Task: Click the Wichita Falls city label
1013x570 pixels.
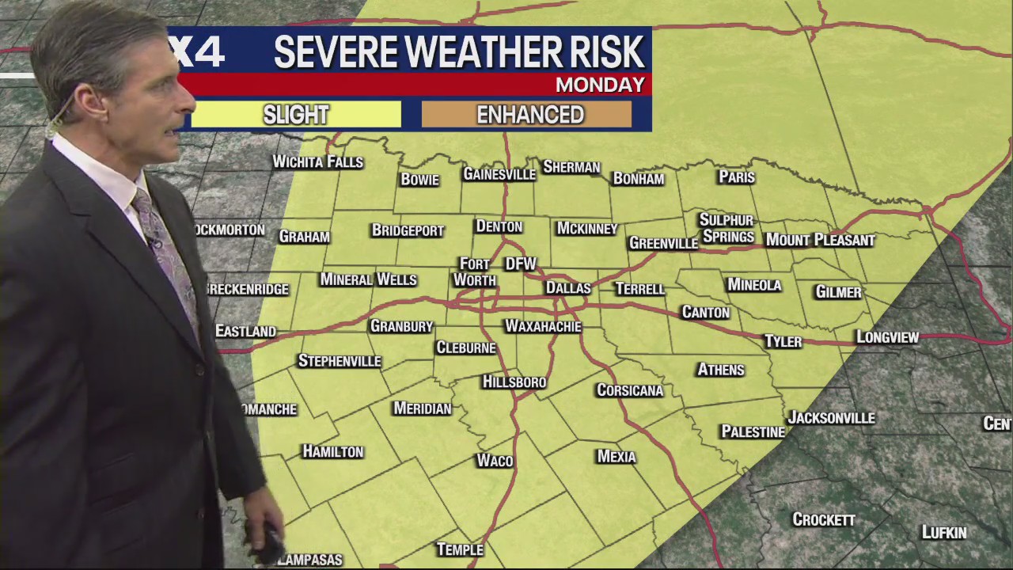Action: click(317, 162)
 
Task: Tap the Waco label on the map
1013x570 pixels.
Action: click(495, 461)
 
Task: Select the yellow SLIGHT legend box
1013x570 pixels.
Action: click(296, 115)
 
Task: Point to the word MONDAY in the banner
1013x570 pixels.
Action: click(599, 85)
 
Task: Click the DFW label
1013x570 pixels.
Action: click(521, 264)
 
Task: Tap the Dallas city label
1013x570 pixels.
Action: click(568, 288)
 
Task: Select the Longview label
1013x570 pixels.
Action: click(887, 337)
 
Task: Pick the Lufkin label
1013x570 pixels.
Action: click(943, 533)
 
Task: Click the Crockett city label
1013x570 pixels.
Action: click(824, 520)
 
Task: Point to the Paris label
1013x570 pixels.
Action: click(736, 177)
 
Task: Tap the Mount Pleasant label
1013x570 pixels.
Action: click(820, 240)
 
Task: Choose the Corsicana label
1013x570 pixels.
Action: click(630, 390)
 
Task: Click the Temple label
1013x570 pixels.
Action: click(460, 549)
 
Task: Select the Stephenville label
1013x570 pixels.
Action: click(340, 361)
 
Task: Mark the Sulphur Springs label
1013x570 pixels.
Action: click(727, 228)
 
